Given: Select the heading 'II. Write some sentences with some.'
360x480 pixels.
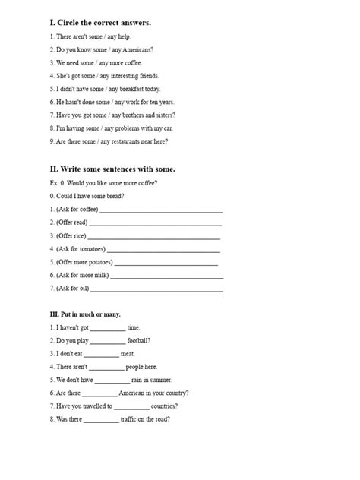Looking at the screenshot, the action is pyautogui.click(x=112, y=169).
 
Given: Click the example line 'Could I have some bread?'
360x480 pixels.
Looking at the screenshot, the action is pyautogui.click(x=87, y=196).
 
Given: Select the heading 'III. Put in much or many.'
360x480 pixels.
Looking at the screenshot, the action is pyautogui.click(x=84, y=314).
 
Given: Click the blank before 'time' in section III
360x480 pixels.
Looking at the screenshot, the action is pyautogui.click(x=109, y=328).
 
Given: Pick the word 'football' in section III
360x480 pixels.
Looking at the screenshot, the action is pyautogui.click(x=139, y=341).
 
